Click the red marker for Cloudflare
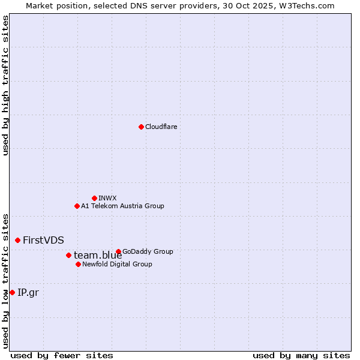141,127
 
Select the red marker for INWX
94,198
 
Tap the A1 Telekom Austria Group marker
77,206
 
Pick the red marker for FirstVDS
17,240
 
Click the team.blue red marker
68,255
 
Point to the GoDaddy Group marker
118,251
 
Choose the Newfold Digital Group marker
78,264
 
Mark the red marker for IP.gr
12,292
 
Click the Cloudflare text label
161,127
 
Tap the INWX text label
107,198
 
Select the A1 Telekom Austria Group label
122,206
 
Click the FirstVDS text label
43,240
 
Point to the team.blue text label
98,255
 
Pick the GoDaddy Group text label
148,251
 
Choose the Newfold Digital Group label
117,264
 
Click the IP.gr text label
28,292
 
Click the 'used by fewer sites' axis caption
62,355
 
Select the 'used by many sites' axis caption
301,355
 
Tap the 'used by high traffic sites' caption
5,85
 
